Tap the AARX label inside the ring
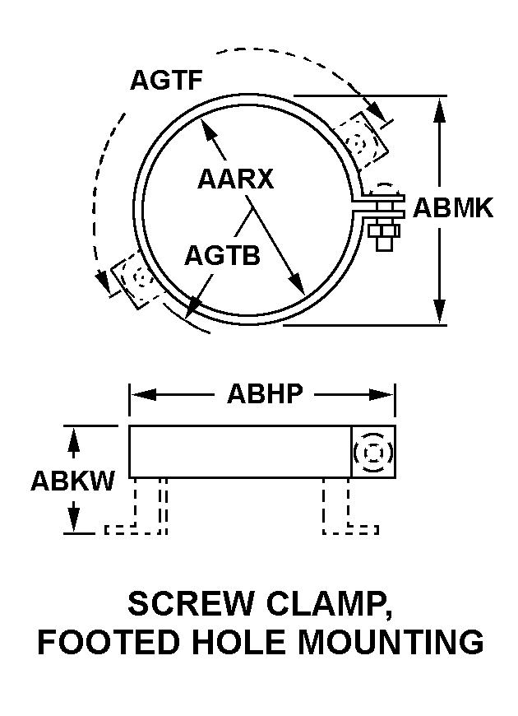click(235, 179)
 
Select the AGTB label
click(222, 255)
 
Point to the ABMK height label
click(453, 207)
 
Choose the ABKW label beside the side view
click(72, 481)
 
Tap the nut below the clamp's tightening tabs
click(383, 236)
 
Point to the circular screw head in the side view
click(373, 452)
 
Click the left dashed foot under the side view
click(148, 506)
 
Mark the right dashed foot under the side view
click(345, 506)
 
